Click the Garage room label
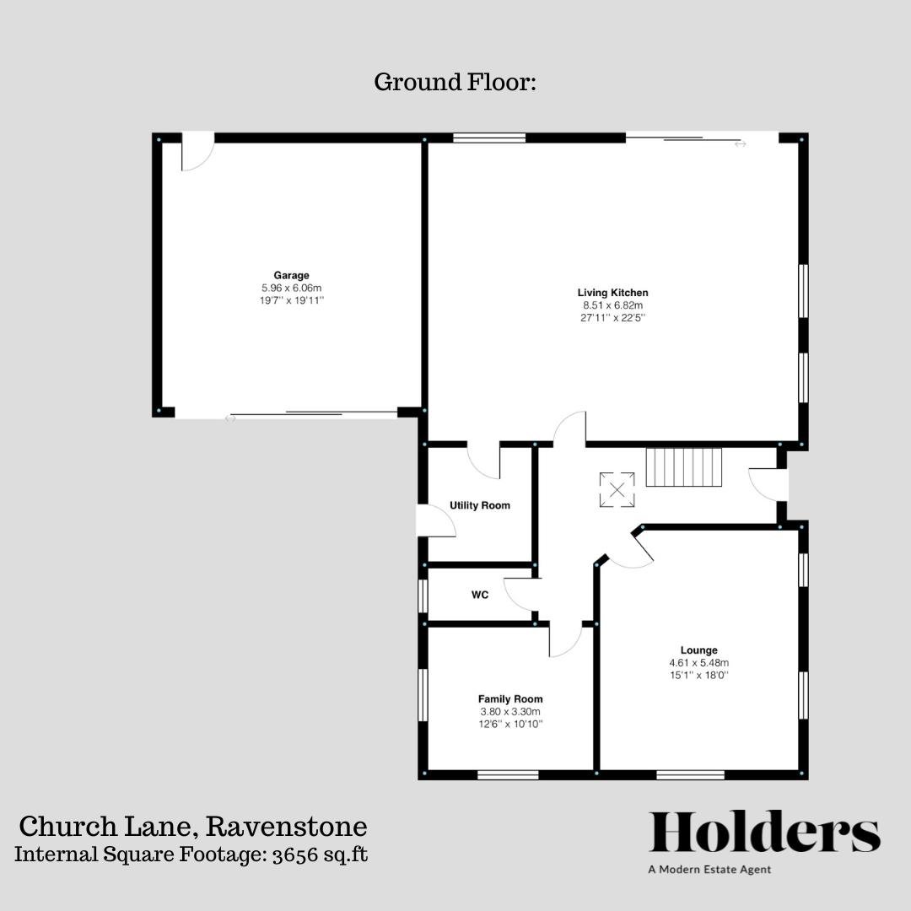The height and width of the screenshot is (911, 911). [x=291, y=275]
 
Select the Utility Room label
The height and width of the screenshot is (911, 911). [x=479, y=505]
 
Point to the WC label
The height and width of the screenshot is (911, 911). [x=480, y=595]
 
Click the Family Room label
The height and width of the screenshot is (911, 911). [x=510, y=698]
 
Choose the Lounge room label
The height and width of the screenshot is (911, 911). [x=699, y=650]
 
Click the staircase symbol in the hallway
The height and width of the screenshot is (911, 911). [x=684, y=467]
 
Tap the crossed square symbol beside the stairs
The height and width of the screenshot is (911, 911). [x=617, y=490]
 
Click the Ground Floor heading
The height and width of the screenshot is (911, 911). [x=455, y=83]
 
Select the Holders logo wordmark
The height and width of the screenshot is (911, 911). [x=764, y=833]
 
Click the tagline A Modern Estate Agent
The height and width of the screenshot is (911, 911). [x=709, y=870]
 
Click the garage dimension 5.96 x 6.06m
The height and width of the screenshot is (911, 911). [x=291, y=288]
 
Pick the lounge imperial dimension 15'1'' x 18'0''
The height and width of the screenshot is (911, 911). [x=699, y=675]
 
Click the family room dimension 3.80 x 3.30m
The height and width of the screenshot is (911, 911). [x=510, y=711]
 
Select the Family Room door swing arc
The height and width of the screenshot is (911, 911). [x=566, y=641]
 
